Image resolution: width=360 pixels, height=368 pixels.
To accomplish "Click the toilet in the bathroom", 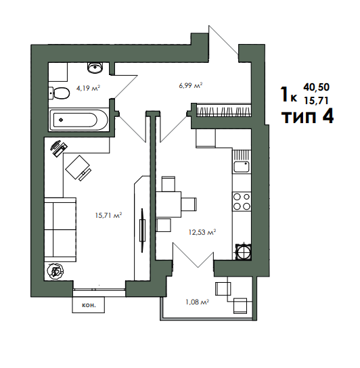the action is point(59,93).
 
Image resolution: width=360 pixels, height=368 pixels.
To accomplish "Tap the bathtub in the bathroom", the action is point(78,120).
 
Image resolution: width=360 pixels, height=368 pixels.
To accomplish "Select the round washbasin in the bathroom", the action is point(95,68).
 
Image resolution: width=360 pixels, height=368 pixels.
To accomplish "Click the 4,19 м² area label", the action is point(88,88).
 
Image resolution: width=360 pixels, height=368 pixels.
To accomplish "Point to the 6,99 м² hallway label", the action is point(191,85).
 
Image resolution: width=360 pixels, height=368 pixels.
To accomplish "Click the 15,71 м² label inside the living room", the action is point(108,215).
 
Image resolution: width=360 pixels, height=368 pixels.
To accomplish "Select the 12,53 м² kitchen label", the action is point(202,232).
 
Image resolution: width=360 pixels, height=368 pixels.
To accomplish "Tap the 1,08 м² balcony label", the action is point(198,302).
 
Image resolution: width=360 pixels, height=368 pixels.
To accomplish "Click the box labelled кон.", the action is point(88,305).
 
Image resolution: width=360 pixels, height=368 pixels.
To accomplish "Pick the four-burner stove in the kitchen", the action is point(242,202).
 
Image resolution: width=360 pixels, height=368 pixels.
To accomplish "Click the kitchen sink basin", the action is point(242,166).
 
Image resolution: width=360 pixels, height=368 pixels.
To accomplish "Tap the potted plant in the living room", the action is point(55,271).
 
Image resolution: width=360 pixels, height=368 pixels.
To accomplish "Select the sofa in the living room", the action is point(60,229).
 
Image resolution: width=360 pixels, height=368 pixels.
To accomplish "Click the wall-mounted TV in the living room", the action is point(142,231).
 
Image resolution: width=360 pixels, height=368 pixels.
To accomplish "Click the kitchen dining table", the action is point(168,204).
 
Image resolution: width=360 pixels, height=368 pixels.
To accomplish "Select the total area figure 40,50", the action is point(316,87).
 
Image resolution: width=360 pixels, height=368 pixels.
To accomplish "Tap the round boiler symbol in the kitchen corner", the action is point(244,252).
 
